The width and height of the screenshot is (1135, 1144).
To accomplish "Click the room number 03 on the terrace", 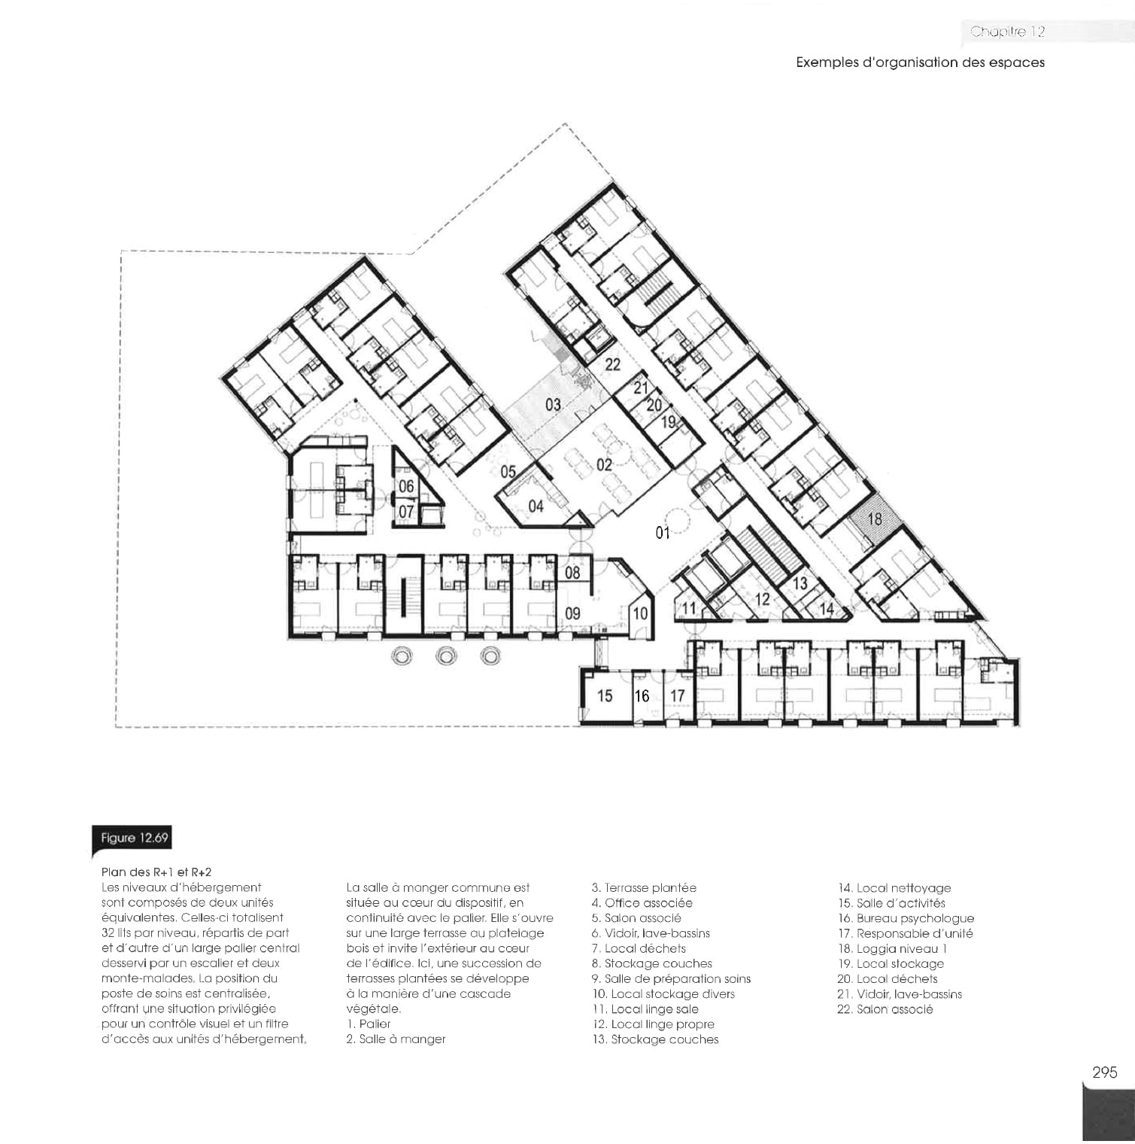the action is (x=553, y=405).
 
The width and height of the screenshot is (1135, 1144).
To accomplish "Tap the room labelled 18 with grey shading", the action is (x=875, y=519).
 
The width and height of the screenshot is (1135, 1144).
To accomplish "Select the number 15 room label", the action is (x=605, y=696).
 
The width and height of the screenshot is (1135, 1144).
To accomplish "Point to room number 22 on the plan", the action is (x=613, y=364).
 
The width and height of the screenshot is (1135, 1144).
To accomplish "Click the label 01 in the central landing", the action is (x=663, y=533).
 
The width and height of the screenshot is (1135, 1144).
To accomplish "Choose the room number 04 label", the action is (x=536, y=507).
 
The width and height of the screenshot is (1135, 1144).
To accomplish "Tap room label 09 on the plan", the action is (x=573, y=613).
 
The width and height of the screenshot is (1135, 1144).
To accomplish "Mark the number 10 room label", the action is (x=640, y=613).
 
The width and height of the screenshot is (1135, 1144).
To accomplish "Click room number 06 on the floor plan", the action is (x=406, y=487).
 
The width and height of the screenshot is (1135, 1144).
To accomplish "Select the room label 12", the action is (x=763, y=599).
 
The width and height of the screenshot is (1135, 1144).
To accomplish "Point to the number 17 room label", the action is (x=678, y=696).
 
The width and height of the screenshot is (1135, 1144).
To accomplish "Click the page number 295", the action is (x=1105, y=1072).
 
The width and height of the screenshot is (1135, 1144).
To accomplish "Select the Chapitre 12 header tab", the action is (x=1007, y=32).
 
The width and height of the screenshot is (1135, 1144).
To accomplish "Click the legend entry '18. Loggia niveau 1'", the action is (x=893, y=948).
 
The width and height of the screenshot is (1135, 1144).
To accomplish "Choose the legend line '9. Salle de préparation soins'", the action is (x=671, y=978).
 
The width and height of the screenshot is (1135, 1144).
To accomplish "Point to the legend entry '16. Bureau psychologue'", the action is (x=906, y=918).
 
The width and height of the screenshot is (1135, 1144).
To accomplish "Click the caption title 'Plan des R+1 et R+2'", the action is (x=156, y=872).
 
